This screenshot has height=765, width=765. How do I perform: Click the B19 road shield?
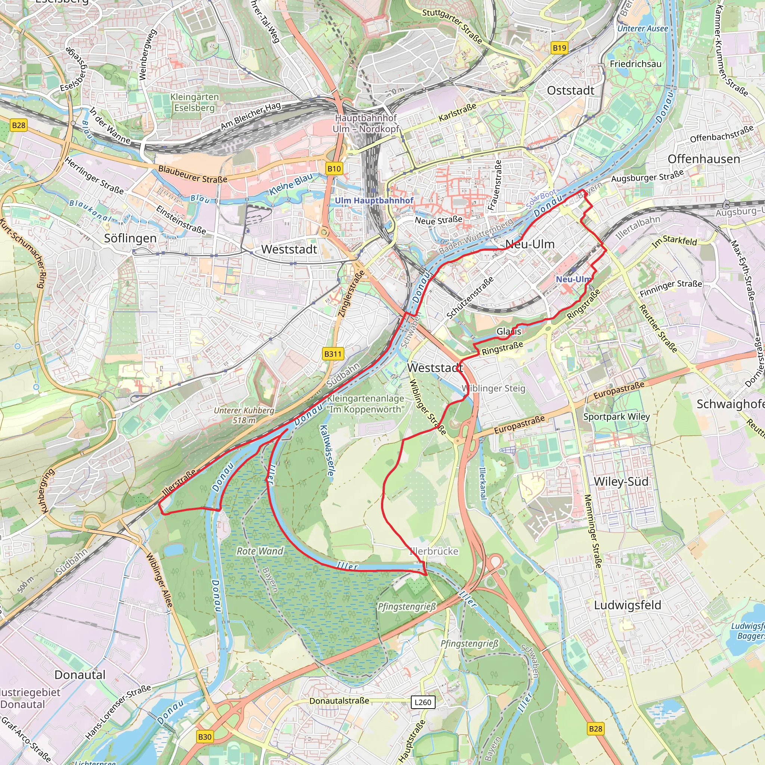pos(559,48)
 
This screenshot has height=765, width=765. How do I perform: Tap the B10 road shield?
pos(334,169)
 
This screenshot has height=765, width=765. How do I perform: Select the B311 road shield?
pos(332,354)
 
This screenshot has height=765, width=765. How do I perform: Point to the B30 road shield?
pos(205,737)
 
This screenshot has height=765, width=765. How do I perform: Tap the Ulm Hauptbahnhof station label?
pos(374,200)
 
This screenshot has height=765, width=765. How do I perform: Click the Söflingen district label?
pos(130,238)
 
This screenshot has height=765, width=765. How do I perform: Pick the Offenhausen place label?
pos(704,159)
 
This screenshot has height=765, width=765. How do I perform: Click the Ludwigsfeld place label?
pos(627,605)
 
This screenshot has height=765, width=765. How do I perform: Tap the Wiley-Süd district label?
pos(621,481)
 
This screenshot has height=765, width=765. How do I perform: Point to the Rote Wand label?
pos(260,551)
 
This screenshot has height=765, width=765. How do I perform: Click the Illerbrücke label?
pos(434,551)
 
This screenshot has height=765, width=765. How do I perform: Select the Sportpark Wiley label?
pos(616,416)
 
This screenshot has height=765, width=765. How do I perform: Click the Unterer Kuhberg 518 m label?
pos(244,415)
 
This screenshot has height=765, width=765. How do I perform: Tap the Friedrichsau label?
pos(635,64)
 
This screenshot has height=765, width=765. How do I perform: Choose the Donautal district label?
pos(80,675)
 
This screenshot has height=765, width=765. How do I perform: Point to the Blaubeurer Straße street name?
pos(192,174)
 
